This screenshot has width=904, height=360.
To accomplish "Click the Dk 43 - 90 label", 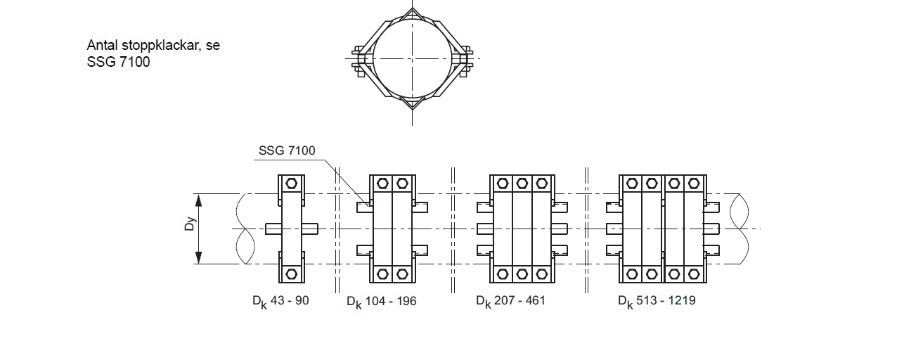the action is click(x=280, y=302).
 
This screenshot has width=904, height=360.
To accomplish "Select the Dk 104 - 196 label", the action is click(x=382, y=302).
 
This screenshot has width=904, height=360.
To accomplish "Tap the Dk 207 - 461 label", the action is click(x=510, y=302).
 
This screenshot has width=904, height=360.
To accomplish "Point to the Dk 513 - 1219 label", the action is click(x=657, y=302).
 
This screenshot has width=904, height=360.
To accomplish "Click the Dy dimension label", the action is click(x=190, y=224).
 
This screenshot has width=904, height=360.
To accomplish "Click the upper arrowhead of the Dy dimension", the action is click(x=198, y=200).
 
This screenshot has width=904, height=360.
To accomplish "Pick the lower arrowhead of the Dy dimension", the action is click(x=198, y=257).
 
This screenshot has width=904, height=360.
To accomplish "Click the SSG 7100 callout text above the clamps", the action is click(x=287, y=150).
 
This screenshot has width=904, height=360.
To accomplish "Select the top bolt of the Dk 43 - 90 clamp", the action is click(x=292, y=184).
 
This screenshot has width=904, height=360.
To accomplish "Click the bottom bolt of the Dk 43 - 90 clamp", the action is click(x=292, y=274).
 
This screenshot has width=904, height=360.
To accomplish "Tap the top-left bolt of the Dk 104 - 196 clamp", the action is click(x=382, y=184).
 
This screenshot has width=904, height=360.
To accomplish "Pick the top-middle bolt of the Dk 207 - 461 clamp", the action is click(x=522, y=184).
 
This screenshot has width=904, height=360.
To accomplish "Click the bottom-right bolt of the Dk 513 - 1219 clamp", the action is click(x=694, y=274).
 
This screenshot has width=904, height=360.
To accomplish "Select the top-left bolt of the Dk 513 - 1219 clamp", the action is click(x=632, y=184).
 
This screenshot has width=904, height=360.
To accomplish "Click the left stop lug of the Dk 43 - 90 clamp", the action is click(x=273, y=229).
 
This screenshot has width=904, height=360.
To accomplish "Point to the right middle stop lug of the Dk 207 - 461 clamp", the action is click(x=560, y=229).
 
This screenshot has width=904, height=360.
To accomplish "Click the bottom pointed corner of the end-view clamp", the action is click(x=412, y=110).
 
